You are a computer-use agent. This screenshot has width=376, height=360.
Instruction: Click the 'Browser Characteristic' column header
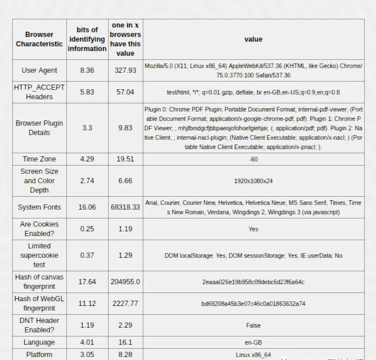39,39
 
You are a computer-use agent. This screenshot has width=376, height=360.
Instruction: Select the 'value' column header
253,39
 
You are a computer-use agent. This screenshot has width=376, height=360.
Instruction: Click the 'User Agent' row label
39,70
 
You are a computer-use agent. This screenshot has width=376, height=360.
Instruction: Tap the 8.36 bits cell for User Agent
87,70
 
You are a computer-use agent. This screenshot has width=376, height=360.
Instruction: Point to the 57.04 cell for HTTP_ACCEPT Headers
125,92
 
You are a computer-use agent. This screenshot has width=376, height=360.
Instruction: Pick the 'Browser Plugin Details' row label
39,128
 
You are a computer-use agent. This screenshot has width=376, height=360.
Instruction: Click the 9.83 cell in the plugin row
125,128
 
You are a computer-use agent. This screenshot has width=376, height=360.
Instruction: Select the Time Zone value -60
253,159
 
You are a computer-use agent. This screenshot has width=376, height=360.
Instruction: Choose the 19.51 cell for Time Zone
125,159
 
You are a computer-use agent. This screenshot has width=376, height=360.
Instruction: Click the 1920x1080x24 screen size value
253,181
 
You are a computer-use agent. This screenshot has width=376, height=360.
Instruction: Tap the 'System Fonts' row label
39,207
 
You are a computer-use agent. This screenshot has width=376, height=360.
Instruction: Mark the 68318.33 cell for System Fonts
125,207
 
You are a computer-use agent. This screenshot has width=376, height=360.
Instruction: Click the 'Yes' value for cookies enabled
253,229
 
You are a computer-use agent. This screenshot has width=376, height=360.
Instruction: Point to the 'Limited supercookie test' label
39,255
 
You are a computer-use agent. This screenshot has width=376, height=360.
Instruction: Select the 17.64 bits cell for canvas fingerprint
87,282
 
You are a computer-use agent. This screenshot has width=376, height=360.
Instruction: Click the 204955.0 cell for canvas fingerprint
125,282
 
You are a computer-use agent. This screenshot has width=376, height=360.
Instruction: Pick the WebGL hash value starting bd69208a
253,304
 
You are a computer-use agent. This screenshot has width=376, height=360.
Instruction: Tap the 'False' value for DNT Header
253,325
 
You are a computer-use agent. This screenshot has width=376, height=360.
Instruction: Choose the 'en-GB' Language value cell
253,342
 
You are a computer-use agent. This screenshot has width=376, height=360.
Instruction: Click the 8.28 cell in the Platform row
125,355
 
